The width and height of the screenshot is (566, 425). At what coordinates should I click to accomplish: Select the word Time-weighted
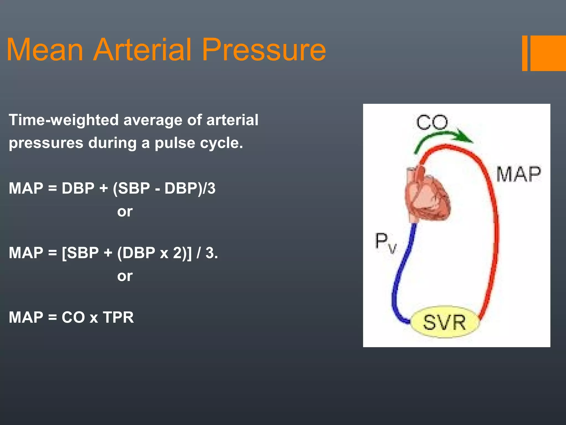pos(64,120)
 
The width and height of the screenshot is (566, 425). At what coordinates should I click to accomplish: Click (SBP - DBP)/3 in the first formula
pos(164,188)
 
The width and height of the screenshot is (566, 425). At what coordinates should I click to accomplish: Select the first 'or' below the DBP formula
pos(125,212)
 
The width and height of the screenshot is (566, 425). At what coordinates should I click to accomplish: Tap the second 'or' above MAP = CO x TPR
pos(125,276)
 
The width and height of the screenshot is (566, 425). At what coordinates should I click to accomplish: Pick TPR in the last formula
pos(118,317)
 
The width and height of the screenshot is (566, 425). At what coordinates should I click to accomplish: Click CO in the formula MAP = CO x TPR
pos(73,317)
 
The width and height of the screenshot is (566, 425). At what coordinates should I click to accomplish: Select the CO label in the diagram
pos(432,122)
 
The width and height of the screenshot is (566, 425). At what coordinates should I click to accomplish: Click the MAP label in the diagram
pos(518,174)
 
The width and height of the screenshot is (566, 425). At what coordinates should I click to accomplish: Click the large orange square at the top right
pos(548,53)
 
